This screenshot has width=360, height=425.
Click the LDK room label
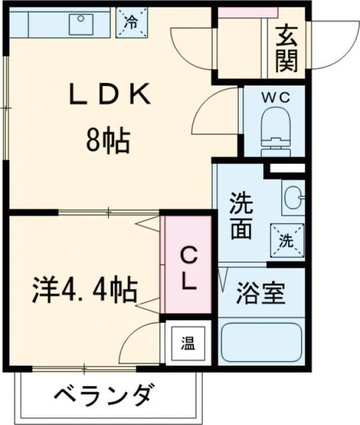point(110,94)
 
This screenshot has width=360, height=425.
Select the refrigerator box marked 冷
point(132,22)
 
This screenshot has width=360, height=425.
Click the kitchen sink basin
point(81,25)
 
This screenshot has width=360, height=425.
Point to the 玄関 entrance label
point(287,49)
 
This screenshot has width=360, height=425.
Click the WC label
point(276,97)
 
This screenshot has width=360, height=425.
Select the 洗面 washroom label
point(241,216)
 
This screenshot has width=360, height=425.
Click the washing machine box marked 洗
point(287,240)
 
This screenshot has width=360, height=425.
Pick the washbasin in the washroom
point(294,199)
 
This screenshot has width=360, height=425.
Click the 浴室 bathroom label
point(260,293)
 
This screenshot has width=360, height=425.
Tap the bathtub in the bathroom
point(262,342)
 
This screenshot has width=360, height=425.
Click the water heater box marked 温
point(188,343)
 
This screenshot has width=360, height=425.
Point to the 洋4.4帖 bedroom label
point(85,289)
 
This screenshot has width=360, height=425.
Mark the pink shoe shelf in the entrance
point(248,13)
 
